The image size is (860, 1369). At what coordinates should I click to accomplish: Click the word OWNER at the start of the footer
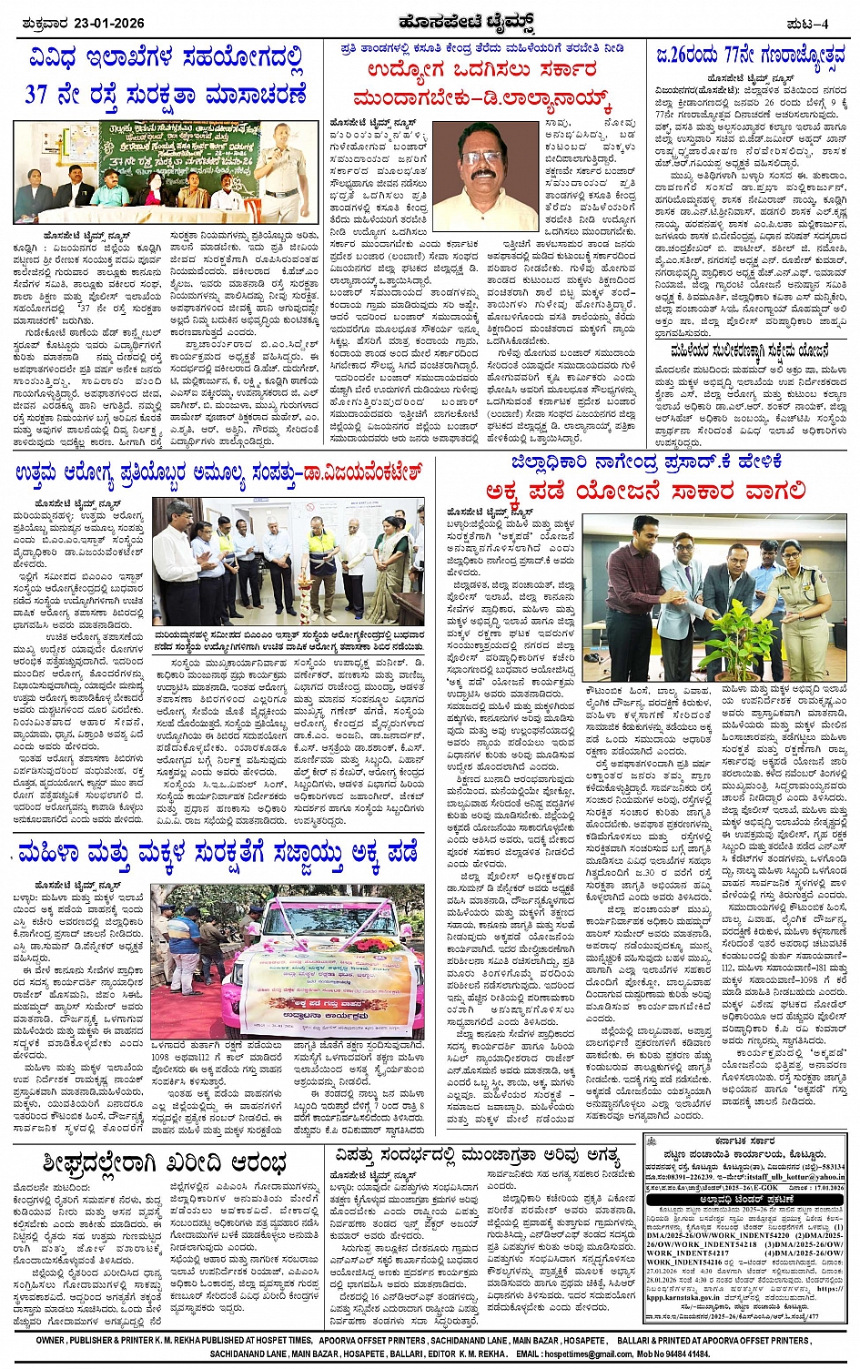coord(51,1341)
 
